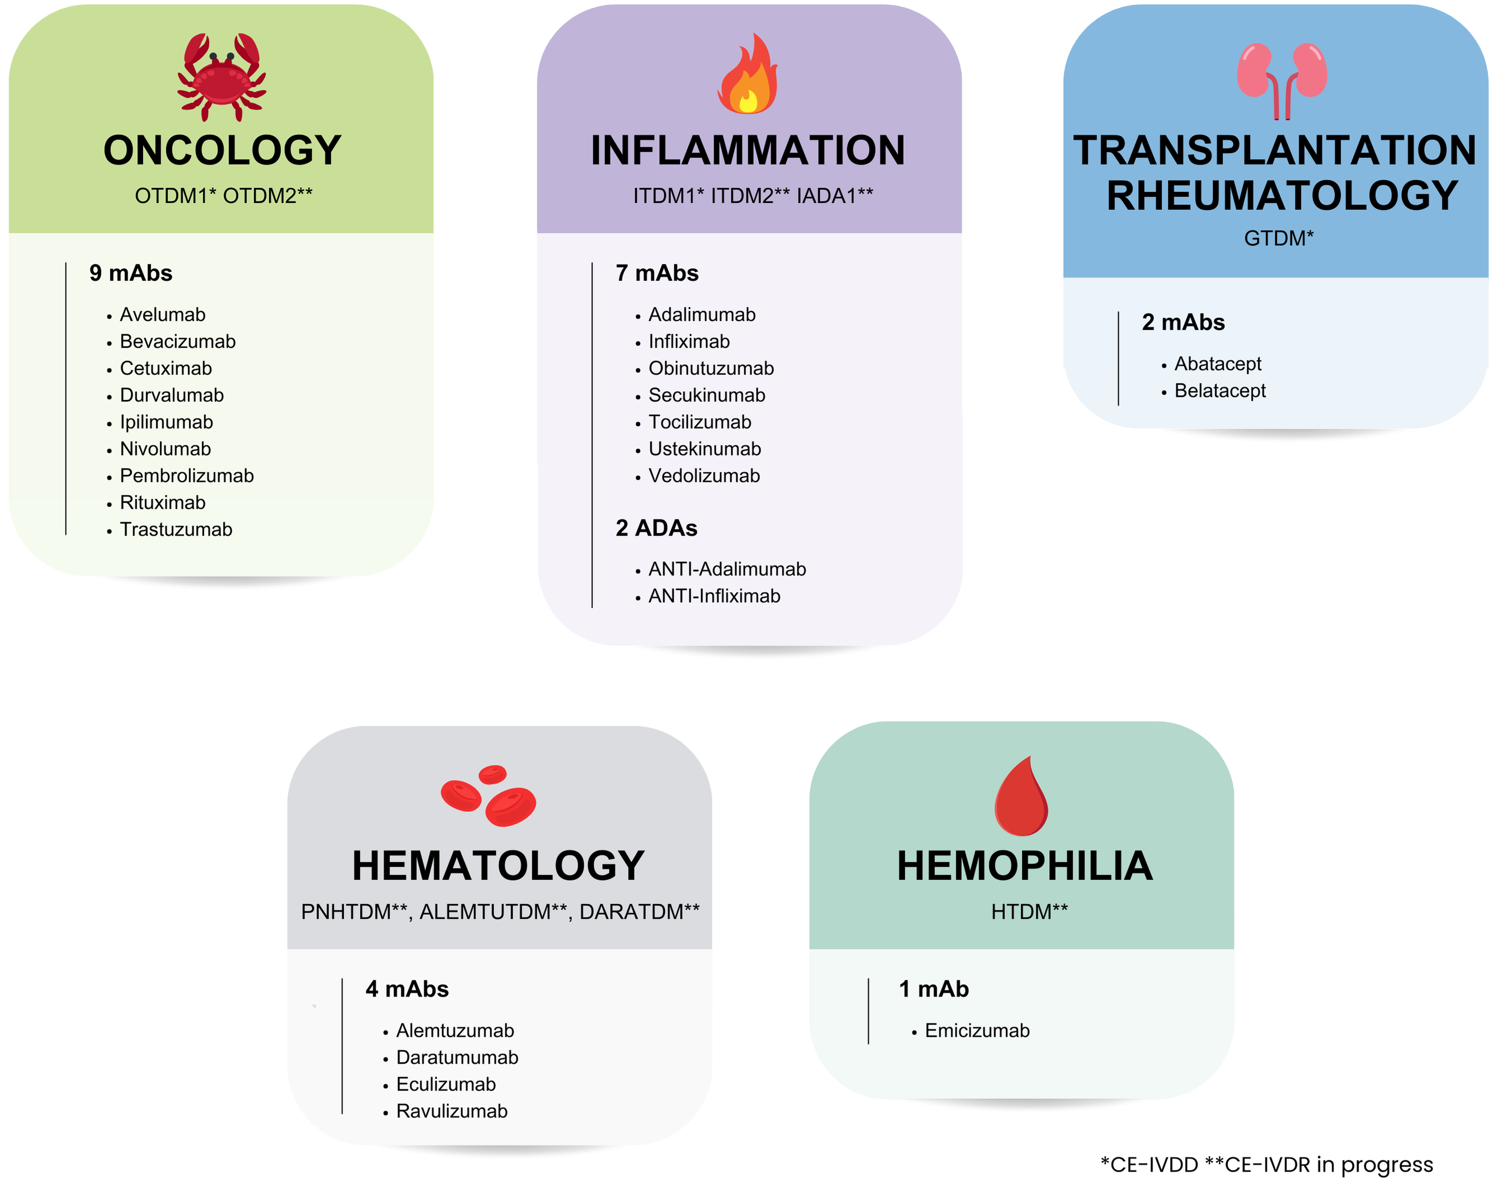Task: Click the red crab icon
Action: click(x=222, y=76)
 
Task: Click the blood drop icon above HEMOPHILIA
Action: click(x=1021, y=796)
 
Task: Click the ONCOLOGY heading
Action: click(x=222, y=151)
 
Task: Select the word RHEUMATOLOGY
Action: click(x=1283, y=195)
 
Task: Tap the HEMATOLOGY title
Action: click(x=499, y=866)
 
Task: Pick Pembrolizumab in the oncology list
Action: click(x=187, y=476)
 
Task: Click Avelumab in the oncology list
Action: click(x=163, y=314)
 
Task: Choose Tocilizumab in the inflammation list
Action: click(x=699, y=422)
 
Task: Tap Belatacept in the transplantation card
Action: click(x=1220, y=391)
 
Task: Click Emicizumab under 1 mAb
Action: click(x=977, y=1031)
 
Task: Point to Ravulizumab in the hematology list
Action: click(x=452, y=1111)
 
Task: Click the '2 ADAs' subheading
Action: click(x=656, y=528)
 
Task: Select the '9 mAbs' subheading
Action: click(x=131, y=273)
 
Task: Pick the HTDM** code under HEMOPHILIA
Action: click(x=1029, y=911)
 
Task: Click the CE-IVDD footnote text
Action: click(x=1149, y=1165)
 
